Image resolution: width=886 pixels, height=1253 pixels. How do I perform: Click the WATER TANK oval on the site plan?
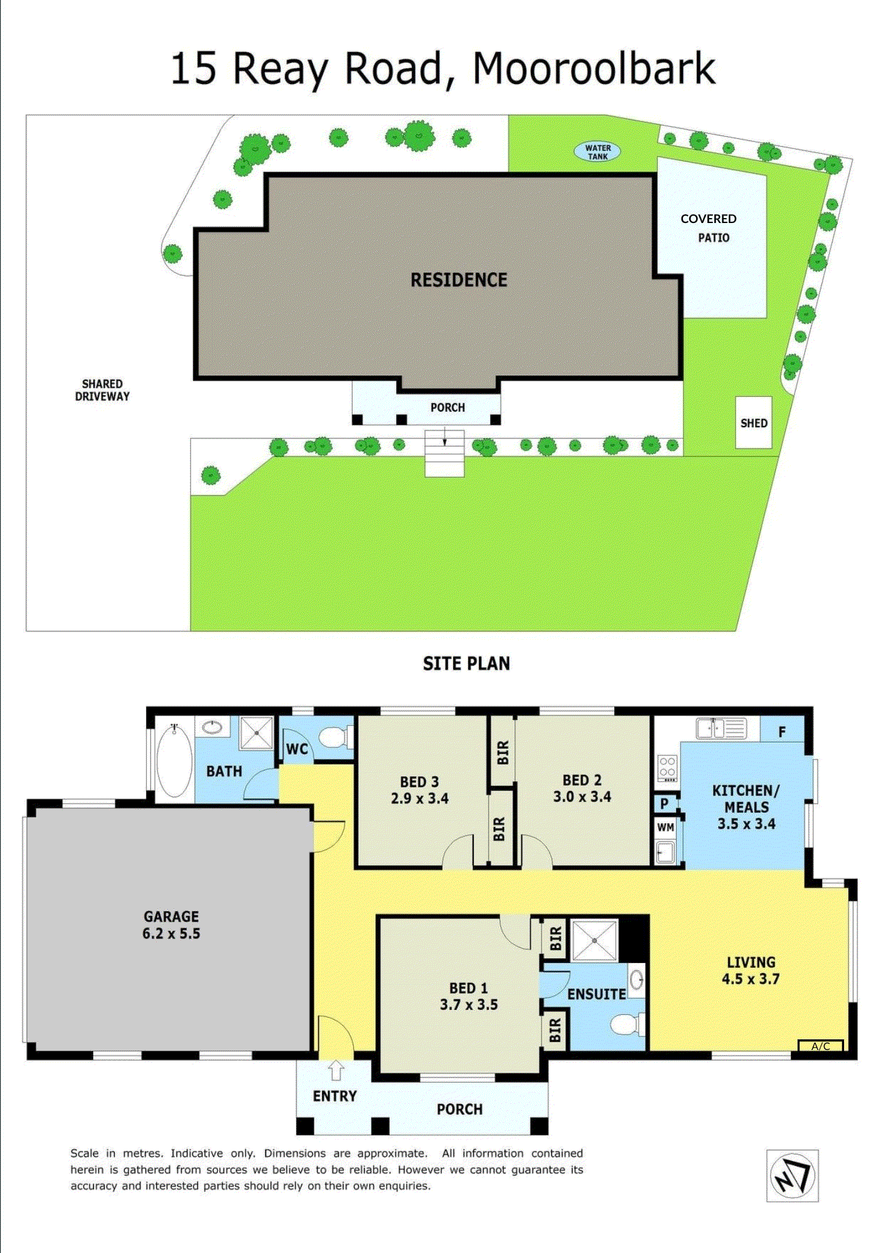[x=597, y=152]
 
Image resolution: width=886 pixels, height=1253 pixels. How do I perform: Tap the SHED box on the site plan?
[x=753, y=423]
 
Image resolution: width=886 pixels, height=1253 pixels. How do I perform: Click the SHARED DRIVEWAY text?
[x=102, y=390]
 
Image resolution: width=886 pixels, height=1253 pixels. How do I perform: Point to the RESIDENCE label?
[x=459, y=280]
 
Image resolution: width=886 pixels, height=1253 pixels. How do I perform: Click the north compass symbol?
[x=792, y=1176]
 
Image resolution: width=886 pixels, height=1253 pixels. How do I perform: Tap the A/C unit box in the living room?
[x=820, y=1046]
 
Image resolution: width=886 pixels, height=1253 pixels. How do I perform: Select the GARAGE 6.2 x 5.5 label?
[x=171, y=925]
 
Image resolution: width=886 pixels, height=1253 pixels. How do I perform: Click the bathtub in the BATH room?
[x=174, y=760]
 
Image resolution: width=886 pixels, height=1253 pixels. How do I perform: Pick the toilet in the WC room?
[x=335, y=737]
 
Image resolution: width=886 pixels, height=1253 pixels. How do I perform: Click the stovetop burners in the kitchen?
[x=667, y=767]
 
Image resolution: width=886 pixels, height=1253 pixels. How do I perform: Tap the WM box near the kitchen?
[x=665, y=827]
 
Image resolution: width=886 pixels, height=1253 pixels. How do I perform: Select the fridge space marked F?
[x=781, y=731]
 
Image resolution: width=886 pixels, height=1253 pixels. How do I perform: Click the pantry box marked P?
[x=664, y=803]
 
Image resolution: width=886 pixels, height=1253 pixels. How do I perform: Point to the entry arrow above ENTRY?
[x=336, y=1070]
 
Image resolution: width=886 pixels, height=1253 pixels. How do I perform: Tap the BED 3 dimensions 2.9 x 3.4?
[x=419, y=798]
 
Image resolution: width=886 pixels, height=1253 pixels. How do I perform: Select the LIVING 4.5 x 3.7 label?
[x=751, y=970]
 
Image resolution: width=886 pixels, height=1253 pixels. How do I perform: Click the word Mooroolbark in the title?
[x=593, y=69]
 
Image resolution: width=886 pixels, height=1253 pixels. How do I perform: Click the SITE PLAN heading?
[x=466, y=663]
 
